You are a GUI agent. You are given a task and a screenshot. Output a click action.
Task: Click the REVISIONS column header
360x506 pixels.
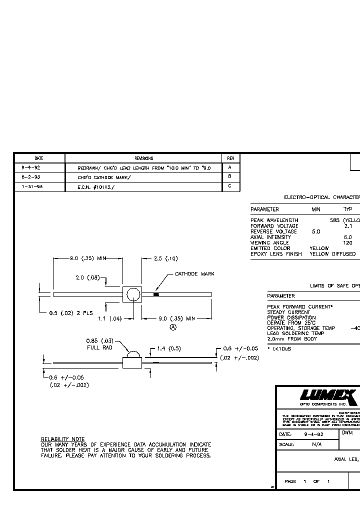[x=143, y=158]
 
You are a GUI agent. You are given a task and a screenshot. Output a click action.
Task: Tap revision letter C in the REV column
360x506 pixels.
[x=230, y=186]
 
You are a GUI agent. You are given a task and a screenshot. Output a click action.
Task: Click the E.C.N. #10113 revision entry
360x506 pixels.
[x=94, y=186]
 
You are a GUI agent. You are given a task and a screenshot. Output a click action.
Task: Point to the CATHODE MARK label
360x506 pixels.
[x=194, y=274]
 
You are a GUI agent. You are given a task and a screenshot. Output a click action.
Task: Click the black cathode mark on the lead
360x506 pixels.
[x=156, y=294]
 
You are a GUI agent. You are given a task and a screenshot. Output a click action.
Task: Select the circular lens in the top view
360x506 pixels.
[x=133, y=294]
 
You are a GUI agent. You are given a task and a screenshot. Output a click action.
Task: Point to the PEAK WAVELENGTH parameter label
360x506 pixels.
[x=274, y=220]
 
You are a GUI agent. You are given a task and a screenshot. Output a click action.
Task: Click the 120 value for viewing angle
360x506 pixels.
[x=347, y=242]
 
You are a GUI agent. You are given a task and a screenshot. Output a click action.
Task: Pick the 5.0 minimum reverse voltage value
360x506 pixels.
[x=316, y=231]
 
